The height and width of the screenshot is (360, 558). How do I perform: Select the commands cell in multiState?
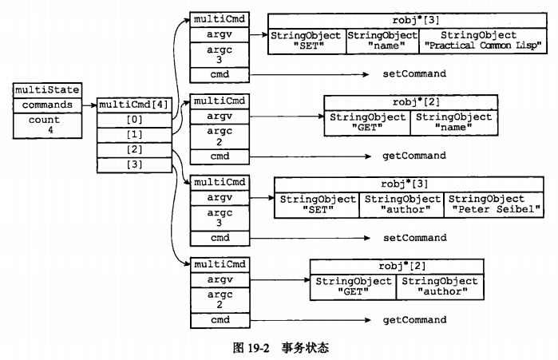[x=47, y=105]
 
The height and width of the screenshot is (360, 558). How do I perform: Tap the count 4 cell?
[x=47, y=125]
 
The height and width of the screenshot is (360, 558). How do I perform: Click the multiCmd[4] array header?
[x=134, y=105]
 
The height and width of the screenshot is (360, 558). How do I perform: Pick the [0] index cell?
[x=134, y=119]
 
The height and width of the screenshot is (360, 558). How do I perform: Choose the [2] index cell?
[x=134, y=149]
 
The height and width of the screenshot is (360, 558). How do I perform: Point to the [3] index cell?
[x=134, y=164]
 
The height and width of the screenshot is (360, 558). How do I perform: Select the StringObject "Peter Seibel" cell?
[x=486, y=204]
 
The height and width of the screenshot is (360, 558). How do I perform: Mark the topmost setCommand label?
[x=414, y=73]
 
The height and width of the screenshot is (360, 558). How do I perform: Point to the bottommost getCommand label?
[x=414, y=320]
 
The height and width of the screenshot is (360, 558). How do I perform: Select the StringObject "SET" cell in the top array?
[x=307, y=42]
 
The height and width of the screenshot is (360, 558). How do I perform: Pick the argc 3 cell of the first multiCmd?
[x=220, y=55]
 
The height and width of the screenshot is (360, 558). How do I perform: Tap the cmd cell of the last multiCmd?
[x=220, y=320]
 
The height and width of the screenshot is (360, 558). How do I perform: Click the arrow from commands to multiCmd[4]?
[x=89, y=105]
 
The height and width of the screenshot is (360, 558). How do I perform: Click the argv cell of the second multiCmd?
[x=220, y=117]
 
